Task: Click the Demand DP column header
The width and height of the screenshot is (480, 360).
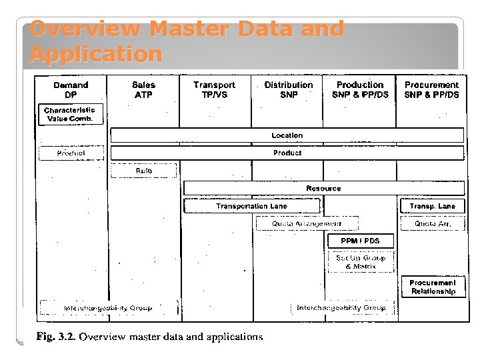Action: [71, 90]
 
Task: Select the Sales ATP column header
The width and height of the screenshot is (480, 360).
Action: [143, 90]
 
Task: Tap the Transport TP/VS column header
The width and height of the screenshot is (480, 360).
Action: [214, 90]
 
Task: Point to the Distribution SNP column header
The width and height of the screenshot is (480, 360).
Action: [288, 90]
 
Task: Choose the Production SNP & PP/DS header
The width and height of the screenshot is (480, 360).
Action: [360, 90]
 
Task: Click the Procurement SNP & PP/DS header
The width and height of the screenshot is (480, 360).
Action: [431, 90]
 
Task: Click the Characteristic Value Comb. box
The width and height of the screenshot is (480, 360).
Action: [70, 115]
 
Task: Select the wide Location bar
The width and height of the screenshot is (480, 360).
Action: [287, 135]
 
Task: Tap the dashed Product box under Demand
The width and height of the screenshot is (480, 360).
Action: [71, 153]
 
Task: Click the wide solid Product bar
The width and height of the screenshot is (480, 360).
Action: [287, 153]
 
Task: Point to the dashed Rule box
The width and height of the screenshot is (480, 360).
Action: [143, 171]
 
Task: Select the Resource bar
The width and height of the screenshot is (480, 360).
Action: [323, 189]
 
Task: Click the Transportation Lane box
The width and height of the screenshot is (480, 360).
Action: [251, 207]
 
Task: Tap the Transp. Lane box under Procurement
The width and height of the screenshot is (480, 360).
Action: [432, 207]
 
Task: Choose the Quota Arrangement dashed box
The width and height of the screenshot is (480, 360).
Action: [307, 224]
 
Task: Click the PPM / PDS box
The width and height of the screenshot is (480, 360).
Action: [360, 241]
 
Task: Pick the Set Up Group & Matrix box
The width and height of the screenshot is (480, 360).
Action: [360, 262]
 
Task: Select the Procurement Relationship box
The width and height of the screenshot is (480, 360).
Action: [433, 287]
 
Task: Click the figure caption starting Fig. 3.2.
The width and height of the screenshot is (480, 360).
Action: [149, 337]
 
